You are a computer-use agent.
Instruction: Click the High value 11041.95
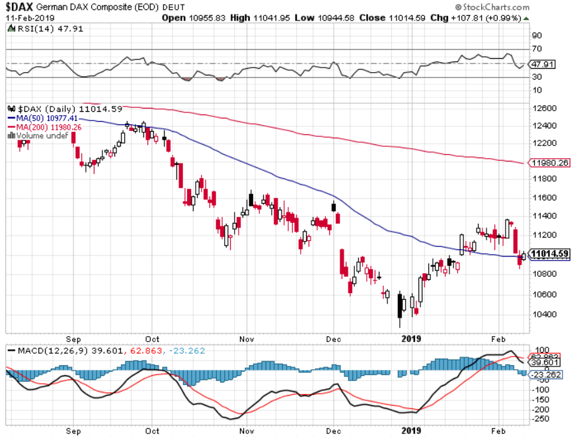[x=268, y=18]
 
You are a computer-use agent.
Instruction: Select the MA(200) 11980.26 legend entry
[x=44, y=126]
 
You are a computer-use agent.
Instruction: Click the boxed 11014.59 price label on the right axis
[x=549, y=254]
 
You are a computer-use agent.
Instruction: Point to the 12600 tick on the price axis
[x=543, y=108]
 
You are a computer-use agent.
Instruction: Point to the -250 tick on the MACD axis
[x=540, y=418]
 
